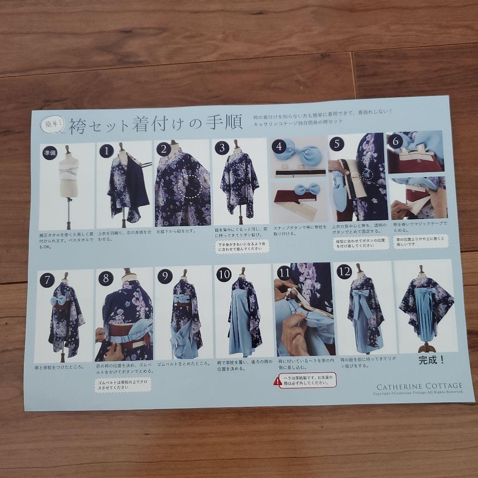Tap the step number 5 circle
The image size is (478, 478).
point(337,144)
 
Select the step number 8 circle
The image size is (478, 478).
point(106,279)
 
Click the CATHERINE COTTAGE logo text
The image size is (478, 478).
point(418,386)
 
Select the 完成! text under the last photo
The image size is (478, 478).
point(431,360)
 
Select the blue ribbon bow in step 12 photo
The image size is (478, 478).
point(363,295)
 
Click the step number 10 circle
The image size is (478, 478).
point(224,275)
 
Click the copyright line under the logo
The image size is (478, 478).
point(418,393)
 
